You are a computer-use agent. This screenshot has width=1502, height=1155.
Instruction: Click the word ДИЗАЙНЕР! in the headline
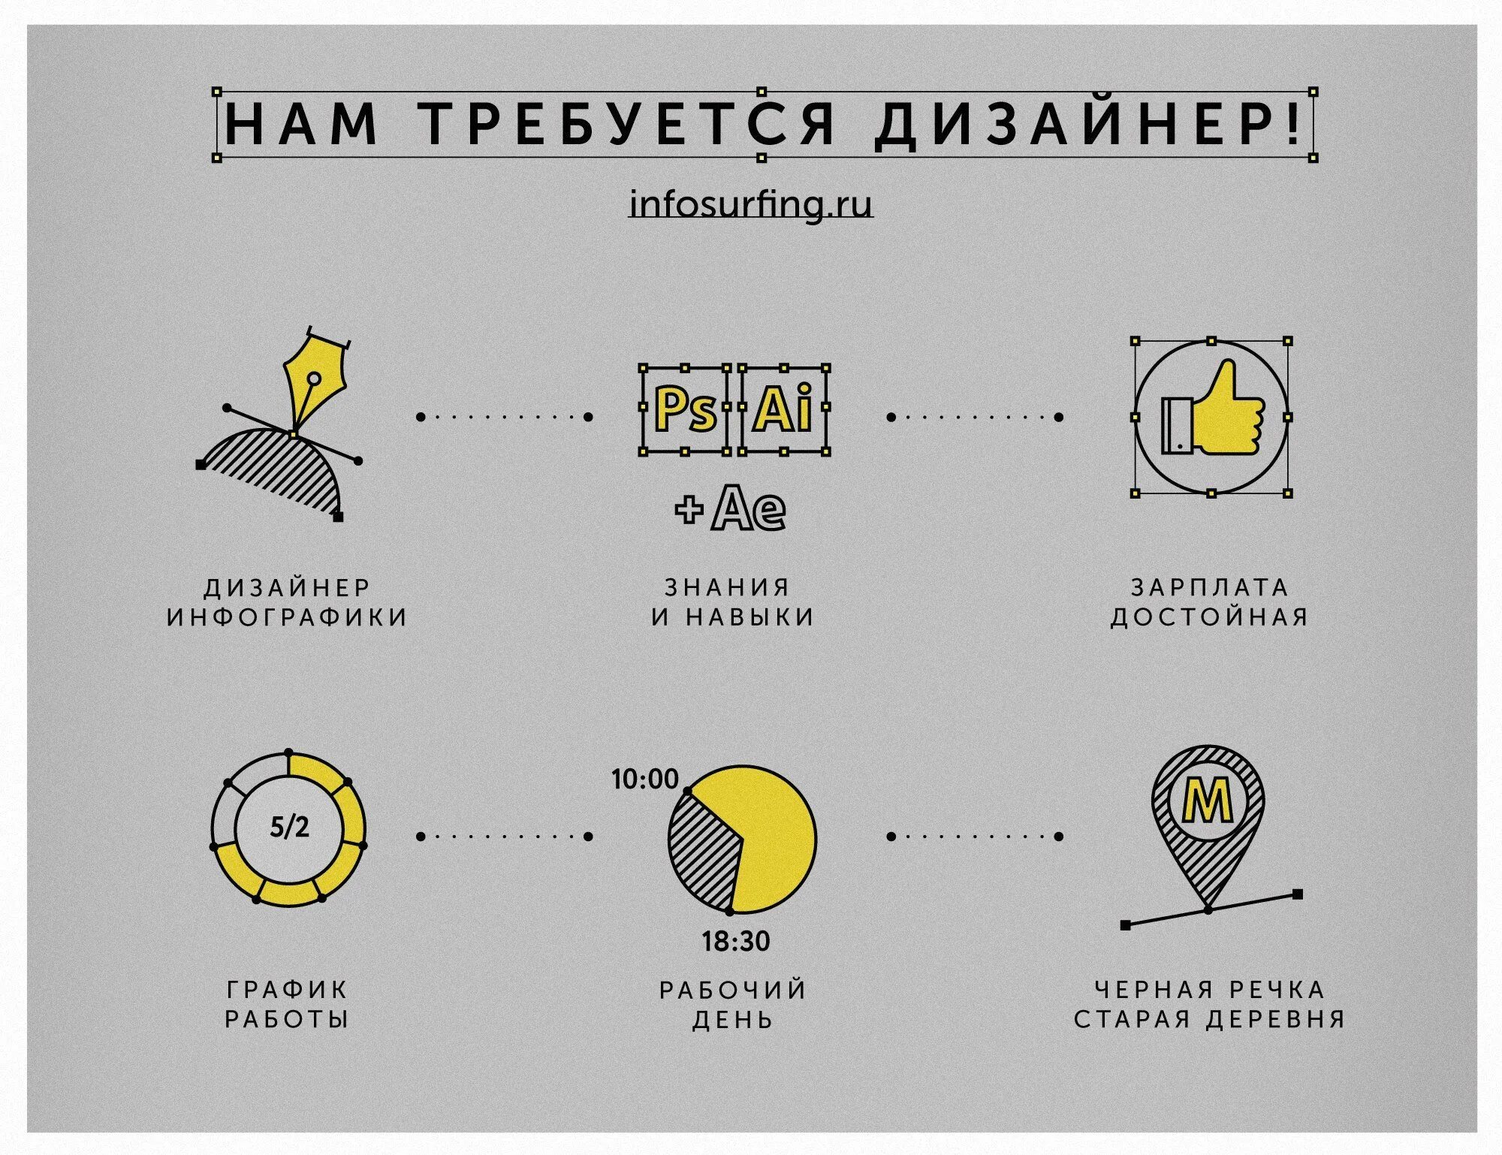pos(1090,125)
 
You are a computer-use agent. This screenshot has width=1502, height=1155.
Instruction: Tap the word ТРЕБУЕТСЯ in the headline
pos(627,125)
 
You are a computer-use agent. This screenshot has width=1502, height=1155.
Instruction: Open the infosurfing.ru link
pos(751,204)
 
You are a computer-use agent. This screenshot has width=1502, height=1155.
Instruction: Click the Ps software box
pos(685,410)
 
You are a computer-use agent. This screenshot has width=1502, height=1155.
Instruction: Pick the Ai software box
pos(784,410)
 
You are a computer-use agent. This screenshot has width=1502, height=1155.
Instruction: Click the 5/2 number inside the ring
pos(289,827)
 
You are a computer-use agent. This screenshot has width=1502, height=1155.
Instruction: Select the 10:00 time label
pos(644,780)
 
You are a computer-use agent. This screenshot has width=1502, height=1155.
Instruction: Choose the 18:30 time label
pos(736,941)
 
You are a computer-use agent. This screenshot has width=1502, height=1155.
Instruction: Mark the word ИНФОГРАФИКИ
pos(288,617)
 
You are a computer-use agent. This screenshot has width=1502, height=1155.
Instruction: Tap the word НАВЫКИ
pos(751,617)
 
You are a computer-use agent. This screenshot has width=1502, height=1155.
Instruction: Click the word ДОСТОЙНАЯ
pos(1210,617)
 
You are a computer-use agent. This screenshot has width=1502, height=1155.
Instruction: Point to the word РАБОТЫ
pos(288,1019)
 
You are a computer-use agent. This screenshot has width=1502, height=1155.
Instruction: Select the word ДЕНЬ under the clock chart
pos(733,1020)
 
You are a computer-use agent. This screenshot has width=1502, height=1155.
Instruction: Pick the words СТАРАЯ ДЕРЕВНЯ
pos(1209,1019)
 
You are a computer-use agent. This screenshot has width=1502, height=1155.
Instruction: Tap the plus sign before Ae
pos(689,511)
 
